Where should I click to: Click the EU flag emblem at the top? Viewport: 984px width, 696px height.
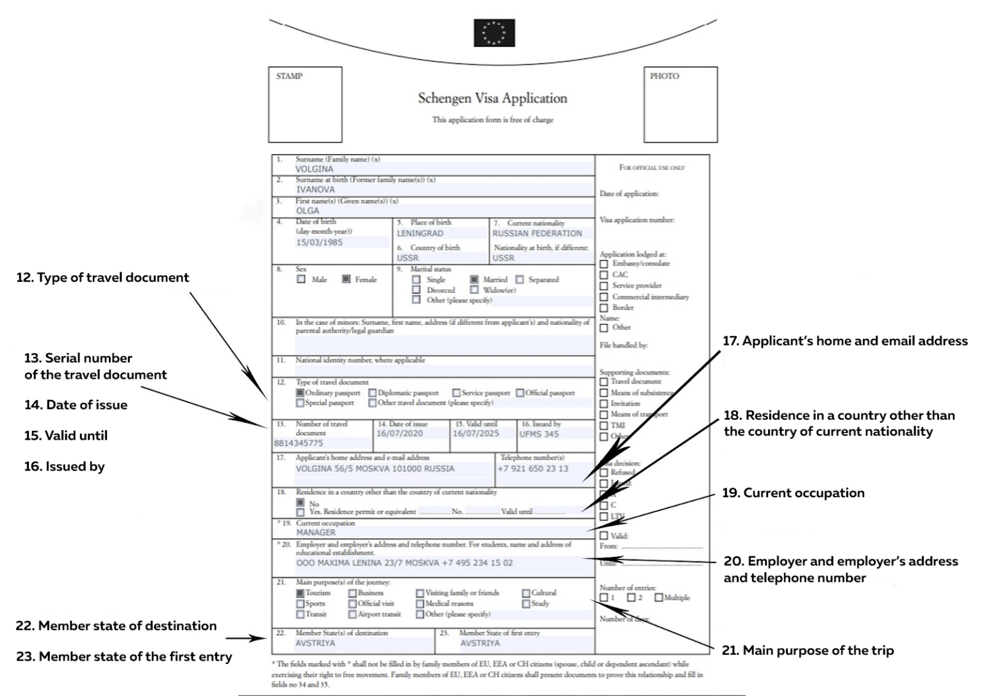(x=494, y=33)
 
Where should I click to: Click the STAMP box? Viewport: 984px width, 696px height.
(x=305, y=104)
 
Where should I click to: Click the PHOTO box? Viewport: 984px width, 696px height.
(x=680, y=104)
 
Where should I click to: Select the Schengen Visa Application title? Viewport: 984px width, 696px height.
(x=492, y=99)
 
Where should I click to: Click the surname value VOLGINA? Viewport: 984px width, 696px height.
(x=315, y=169)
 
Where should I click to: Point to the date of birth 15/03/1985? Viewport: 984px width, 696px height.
(x=319, y=242)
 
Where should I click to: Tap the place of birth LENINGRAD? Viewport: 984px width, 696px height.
(x=420, y=233)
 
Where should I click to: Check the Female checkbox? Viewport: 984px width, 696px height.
(x=347, y=279)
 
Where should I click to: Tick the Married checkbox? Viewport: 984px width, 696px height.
(x=474, y=279)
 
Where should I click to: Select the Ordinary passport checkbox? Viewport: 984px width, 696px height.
(x=300, y=393)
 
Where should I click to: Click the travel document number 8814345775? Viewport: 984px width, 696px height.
(x=299, y=443)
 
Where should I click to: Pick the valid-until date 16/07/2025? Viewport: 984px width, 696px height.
(x=475, y=434)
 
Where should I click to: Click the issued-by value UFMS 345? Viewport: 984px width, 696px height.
(x=539, y=434)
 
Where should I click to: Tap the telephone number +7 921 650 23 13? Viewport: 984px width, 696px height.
(x=532, y=468)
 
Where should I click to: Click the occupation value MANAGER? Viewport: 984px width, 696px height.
(x=316, y=533)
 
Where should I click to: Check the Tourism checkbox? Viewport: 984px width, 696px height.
(x=300, y=593)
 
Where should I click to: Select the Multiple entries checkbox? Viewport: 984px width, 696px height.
(x=659, y=597)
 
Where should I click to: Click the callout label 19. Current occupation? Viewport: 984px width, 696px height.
(x=793, y=493)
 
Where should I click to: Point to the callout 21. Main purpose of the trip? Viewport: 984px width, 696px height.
(x=807, y=650)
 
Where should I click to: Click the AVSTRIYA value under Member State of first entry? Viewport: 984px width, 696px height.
(x=480, y=643)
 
